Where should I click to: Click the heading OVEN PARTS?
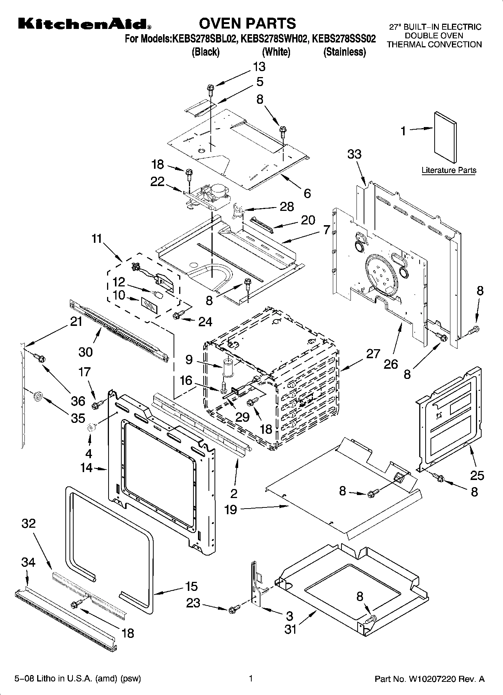point(247,23)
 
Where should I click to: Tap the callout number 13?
point(259,67)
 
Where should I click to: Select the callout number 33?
point(354,154)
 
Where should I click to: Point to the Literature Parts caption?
point(449,170)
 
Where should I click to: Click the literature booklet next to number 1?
point(446,138)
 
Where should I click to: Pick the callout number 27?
point(373,354)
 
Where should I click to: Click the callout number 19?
point(231,510)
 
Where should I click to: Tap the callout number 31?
point(290,629)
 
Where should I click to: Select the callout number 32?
point(29,523)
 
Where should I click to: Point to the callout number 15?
point(191,586)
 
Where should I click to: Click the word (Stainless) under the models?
point(344,52)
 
